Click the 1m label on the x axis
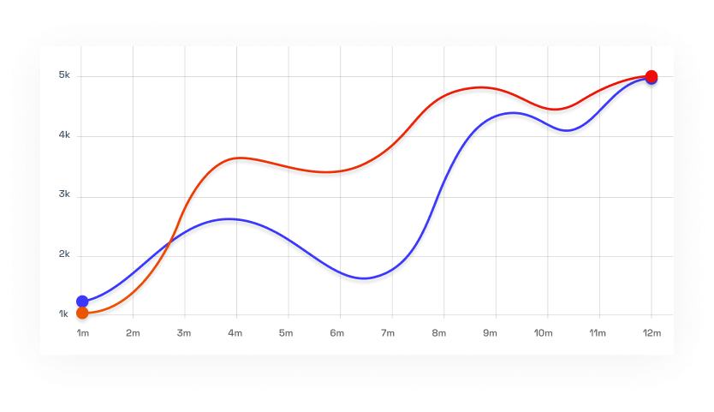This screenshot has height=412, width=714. (82, 332)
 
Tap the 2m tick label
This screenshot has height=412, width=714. (133, 332)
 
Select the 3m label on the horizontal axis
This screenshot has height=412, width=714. (184, 332)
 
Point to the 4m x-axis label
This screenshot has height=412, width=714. (235, 332)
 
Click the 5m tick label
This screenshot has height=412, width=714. (287, 332)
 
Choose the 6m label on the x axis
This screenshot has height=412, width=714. (337, 332)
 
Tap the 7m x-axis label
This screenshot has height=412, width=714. (388, 332)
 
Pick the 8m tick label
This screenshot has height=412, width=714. (439, 332)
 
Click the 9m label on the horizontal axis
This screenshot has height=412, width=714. (490, 332)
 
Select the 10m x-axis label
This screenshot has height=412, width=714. (543, 332)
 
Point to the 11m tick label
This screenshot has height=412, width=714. (598, 332)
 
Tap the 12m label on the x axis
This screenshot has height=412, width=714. (652, 332)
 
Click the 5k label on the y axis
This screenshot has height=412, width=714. (64, 75)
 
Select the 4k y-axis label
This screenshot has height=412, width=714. (64, 135)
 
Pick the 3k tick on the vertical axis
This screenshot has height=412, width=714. (64, 195)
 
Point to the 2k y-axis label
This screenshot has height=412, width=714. (64, 254)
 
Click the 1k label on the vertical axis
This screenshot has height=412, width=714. (64, 314)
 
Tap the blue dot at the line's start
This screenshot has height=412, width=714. (82, 301)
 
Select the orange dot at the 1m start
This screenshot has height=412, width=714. (82, 313)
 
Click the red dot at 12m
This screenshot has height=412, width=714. (652, 75)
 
